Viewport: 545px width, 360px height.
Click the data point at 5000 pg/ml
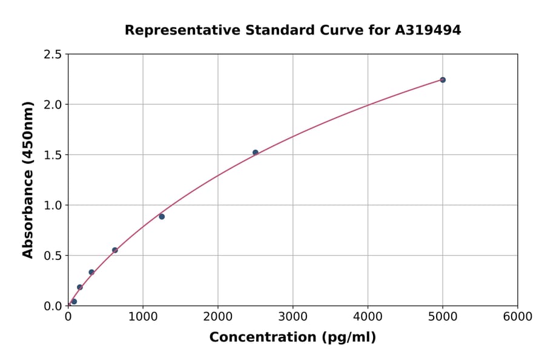[443, 80]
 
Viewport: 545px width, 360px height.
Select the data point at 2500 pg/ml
[256, 153]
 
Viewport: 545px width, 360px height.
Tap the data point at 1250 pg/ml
[162, 216]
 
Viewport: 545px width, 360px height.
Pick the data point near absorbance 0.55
[115, 250]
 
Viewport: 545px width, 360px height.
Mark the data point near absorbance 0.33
[91, 272]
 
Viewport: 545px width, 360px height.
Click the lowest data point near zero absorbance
[74, 301]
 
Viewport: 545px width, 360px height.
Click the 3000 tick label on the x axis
[292, 317]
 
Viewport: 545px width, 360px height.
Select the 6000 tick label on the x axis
[518, 317]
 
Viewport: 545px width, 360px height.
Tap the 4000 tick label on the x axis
[368, 317]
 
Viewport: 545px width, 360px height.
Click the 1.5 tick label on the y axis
[53, 155]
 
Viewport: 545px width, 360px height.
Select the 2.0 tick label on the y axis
[53, 105]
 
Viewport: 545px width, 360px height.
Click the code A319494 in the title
[428, 30]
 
